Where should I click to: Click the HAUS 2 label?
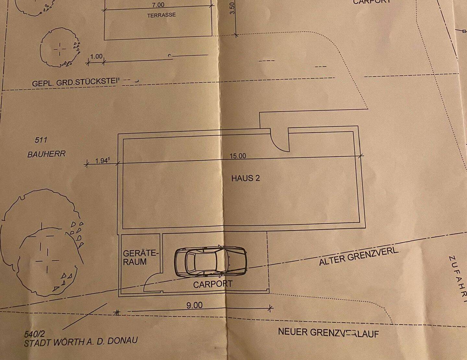point(245,178)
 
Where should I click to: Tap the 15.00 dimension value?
point(238,156)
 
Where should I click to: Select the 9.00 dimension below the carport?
point(194,305)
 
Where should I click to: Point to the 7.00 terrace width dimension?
point(158,5)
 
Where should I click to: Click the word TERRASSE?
point(161,15)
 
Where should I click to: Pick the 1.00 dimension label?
point(96,56)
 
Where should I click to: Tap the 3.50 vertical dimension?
point(232,8)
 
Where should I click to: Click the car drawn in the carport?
point(210,261)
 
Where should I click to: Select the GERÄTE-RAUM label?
point(140,257)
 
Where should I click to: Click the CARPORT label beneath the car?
point(213,284)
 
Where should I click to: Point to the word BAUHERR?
point(46,154)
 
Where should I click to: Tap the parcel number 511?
point(41,140)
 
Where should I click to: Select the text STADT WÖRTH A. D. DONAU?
point(81,342)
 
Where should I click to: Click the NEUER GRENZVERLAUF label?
point(328,332)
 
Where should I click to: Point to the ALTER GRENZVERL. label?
point(358,257)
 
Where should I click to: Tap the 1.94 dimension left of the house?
point(102,161)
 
